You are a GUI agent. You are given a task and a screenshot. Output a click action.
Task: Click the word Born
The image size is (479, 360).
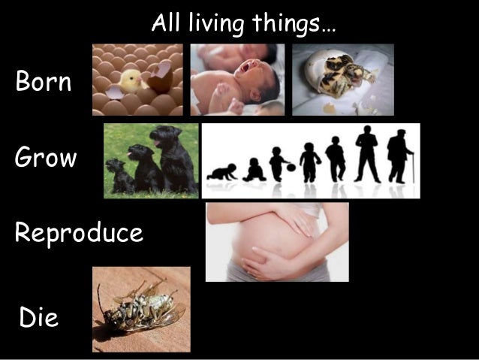pos(44,82)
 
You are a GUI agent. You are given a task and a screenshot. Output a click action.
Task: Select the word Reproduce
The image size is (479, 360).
pos(78,234)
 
